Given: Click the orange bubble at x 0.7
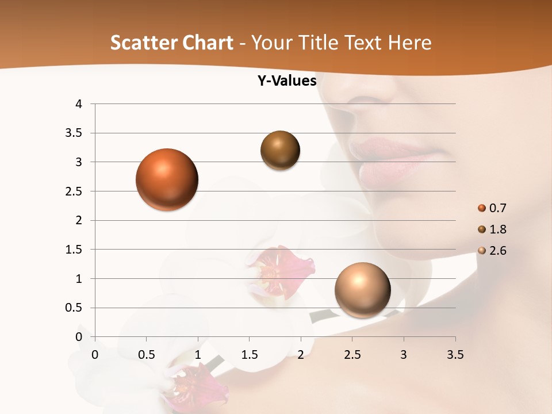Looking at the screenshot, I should pos(167,179).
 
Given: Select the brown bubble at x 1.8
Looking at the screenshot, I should pos(280,150).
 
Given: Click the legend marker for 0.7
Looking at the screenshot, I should pos(481,208).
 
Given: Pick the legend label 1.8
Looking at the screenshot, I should pos(497,229).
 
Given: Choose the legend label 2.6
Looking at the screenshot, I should pos(497,251).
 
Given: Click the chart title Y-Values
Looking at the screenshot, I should pos(286,81).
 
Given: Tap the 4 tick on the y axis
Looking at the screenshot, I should pos(79,104).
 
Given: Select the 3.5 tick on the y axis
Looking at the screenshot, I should pos(75,133).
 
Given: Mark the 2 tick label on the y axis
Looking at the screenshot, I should pos(79,220).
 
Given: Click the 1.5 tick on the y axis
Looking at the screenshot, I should pos(75,250).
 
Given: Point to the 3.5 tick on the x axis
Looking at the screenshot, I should pos(455,355).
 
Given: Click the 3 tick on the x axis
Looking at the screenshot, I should pos(404,355).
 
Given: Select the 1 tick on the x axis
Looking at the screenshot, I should pos(198,355).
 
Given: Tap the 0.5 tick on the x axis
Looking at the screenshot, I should pos(146,355).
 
